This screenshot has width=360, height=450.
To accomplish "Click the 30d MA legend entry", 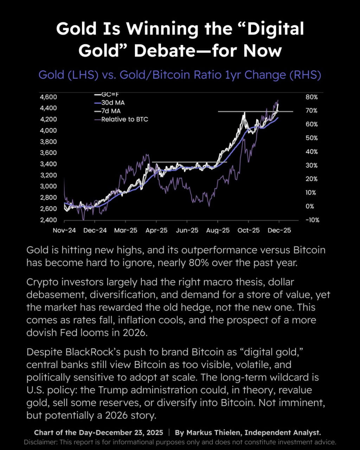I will pos(112,103).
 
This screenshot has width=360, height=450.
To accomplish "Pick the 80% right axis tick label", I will pos(311,97).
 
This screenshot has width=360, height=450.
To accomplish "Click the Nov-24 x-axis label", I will pos(64,231).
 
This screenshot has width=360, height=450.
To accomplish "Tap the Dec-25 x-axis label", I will pos(279,231).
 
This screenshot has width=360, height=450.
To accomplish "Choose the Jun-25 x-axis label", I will pos(187,231).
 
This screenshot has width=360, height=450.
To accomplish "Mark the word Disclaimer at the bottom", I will pos(40,442).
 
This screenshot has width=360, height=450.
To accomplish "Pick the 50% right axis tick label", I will pos(311,138).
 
